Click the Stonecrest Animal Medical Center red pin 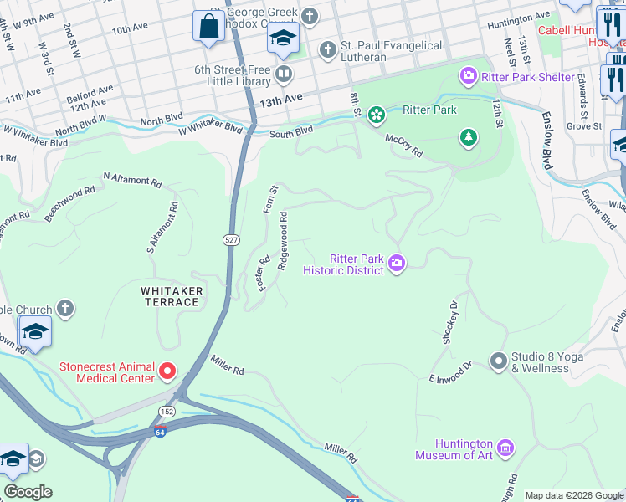167,370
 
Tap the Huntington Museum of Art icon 505,448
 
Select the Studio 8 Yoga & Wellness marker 499,361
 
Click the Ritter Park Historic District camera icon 397,264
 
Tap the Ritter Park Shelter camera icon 468,77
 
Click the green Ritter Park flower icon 377,113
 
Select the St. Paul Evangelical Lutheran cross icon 327,50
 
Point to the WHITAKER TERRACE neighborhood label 170,295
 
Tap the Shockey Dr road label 449,322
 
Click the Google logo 28,492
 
